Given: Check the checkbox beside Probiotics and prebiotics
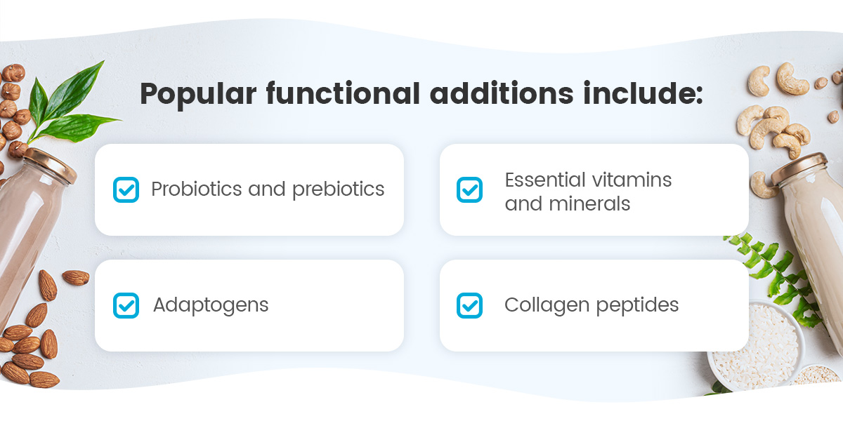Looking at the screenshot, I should (x=126, y=189).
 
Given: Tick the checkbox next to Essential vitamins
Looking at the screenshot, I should (x=469, y=189).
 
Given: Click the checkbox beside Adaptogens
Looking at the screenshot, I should (x=126, y=305).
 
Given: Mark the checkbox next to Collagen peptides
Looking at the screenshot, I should (x=469, y=305).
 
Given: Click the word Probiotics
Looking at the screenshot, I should (x=196, y=189).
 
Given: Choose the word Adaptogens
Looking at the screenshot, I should (x=211, y=305).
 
